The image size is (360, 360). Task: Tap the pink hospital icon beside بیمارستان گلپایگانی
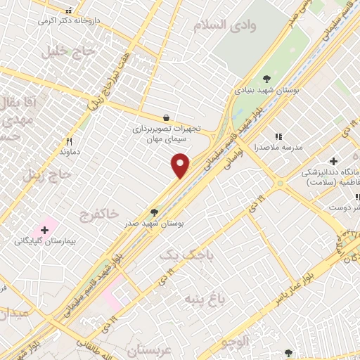coord(46,229)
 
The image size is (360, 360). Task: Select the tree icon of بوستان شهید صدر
coord(154,212)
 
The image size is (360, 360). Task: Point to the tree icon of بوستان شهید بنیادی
coord(266,79)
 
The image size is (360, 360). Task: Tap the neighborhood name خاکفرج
coord(98,212)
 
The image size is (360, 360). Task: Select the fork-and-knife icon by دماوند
coord(69,141)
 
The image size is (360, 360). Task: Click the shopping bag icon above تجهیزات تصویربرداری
coord(165,118)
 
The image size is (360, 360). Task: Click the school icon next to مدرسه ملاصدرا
coord(278,136)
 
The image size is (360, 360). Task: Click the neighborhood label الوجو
coord(234,342)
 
